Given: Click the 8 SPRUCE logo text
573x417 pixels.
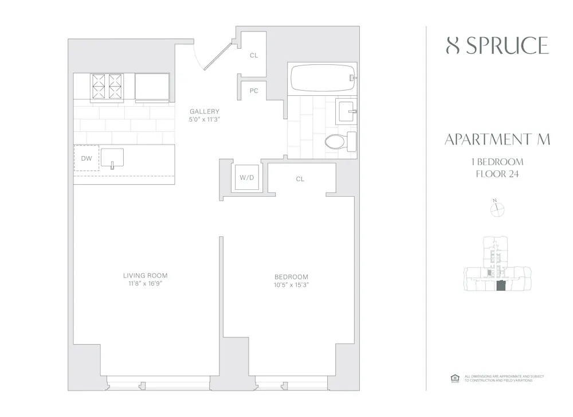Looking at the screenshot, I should [497, 46].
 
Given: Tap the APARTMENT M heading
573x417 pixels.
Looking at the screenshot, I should [497, 140].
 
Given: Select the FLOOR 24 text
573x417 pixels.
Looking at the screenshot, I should [497, 174].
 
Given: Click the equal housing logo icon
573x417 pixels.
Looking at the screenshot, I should [456, 377].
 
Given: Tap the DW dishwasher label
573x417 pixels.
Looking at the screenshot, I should [86, 158].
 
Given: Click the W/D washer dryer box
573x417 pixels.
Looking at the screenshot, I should [246, 178].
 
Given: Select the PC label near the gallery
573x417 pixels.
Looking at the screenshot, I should [254, 91].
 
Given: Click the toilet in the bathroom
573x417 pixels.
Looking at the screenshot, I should [338, 141].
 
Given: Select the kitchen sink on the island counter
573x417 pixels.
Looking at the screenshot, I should [112, 157].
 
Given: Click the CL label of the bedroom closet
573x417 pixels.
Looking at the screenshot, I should [300, 179].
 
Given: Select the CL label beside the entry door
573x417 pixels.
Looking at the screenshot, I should [254, 56].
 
